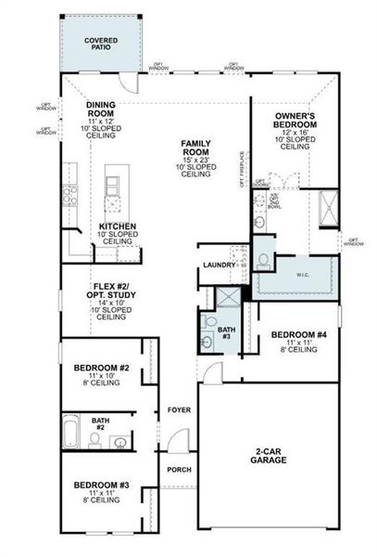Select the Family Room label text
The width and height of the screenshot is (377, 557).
pyautogui.click(x=195, y=153)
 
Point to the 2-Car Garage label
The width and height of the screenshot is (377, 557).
pyautogui.click(x=269, y=456)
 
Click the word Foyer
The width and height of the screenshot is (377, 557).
pyautogui.click(x=179, y=409)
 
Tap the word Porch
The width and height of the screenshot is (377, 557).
pyautogui.click(x=179, y=469)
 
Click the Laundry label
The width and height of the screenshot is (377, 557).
pyautogui.click(x=220, y=266)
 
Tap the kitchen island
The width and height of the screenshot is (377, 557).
pyautogui.click(x=115, y=191)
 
